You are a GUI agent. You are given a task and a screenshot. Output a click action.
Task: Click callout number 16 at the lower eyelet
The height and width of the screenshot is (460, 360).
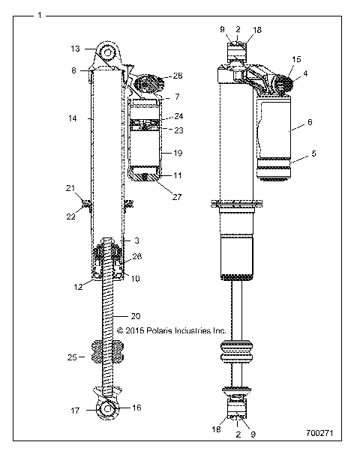tap(136, 408)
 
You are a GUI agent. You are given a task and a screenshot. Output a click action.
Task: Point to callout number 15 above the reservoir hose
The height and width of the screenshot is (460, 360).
tap(296, 58)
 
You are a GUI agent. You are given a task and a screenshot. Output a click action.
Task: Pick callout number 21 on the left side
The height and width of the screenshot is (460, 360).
tap(70, 187)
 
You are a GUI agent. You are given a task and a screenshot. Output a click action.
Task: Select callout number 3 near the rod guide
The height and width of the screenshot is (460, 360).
tap(136, 240)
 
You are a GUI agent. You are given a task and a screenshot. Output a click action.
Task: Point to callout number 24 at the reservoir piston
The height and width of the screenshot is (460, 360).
tap(178, 117)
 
